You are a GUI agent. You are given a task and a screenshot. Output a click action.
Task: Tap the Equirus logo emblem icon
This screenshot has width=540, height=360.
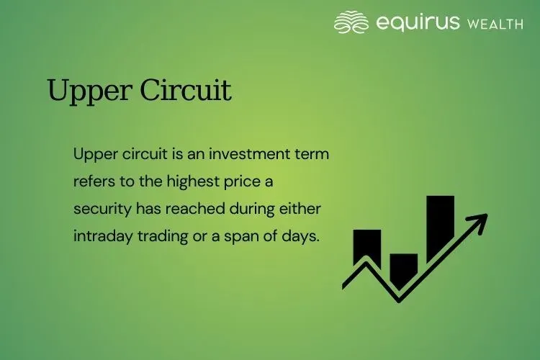click(x=351, y=22)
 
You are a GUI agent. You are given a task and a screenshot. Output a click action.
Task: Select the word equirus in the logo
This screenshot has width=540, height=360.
click(x=418, y=22)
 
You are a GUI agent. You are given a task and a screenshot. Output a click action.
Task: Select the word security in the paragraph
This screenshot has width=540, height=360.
click(x=99, y=210)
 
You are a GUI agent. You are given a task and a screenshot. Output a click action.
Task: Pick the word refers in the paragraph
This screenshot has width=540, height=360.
click(x=93, y=181)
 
